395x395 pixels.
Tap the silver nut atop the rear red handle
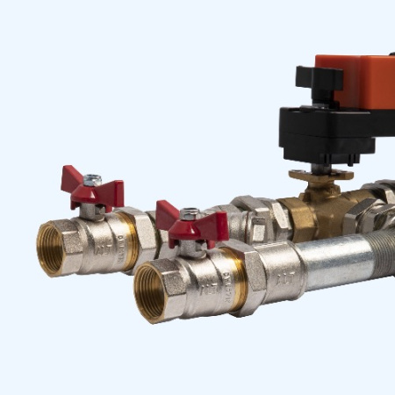[92, 179]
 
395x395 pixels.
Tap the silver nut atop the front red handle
[190, 213]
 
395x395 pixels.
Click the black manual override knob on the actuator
[318, 77]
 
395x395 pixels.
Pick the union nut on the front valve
[248, 276]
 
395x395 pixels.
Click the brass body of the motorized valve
[329, 211]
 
